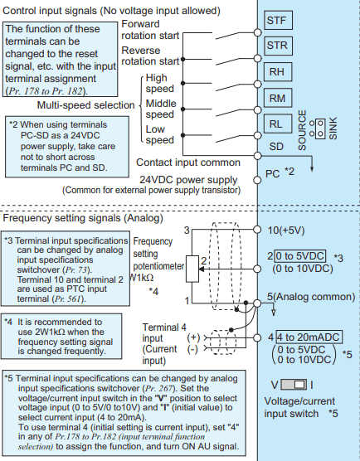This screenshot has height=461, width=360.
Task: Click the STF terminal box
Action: click(x=278, y=20)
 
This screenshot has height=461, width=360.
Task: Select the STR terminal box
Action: click(x=278, y=46)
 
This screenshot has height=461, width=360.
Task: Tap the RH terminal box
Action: click(x=278, y=72)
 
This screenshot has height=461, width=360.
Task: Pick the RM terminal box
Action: click(x=278, y=98)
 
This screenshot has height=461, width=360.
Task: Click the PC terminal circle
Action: click(x=257, y=180)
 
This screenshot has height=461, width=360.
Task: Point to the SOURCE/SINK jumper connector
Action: click(x=320, y=129)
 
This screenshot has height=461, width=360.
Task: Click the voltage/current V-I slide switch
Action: click(x=294, y=385)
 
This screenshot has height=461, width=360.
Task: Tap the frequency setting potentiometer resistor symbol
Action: click(x=192, y=269)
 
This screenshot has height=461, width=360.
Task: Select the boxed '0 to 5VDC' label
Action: click(x=300, y=256)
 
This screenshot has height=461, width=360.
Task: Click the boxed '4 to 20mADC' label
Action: click(x=309, y=337)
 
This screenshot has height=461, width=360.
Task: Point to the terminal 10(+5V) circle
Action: click(x=257, y=230)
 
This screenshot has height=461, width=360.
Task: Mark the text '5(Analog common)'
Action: click(x=311, y=296)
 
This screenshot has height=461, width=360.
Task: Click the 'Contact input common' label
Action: click(x=188, y=163)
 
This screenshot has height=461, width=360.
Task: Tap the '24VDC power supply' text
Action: click(x=188, y=179)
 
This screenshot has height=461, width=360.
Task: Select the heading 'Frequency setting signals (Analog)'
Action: click(x=83, y=218)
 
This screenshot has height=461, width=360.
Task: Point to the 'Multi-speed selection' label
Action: click(x=85, y=105)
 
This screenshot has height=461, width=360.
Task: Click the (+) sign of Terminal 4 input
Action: click(x=193, y=337)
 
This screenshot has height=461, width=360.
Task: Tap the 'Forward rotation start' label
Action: click(x=150, y=30)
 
